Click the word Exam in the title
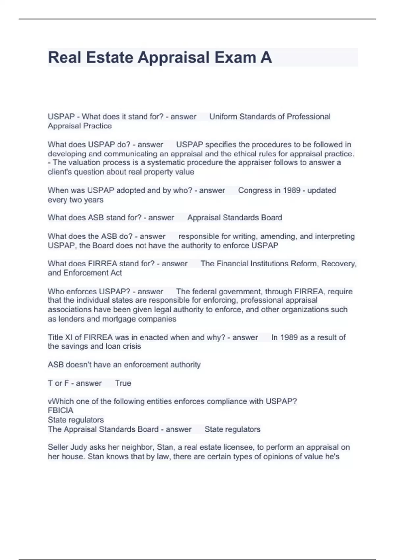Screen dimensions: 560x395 [235, 57]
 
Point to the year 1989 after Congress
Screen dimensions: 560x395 [291, 190]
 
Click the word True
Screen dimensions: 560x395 [123, 383]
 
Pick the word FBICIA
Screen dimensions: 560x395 [61, 410]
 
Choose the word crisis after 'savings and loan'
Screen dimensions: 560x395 [132, 346]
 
